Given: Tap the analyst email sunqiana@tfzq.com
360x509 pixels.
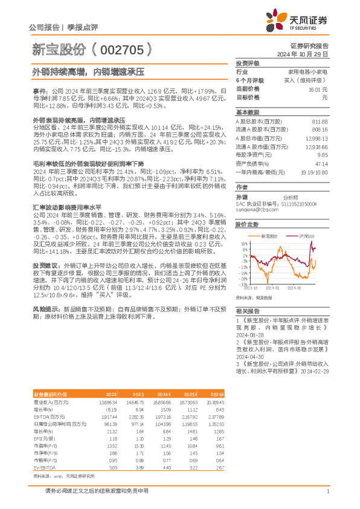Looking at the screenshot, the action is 253,210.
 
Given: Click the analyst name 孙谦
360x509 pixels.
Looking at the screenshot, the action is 242,197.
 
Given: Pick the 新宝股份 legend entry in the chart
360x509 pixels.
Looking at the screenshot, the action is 270,236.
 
